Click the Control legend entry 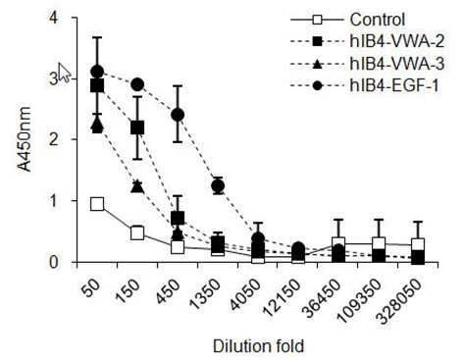pyautogui.click(x=378, y=20)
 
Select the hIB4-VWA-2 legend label pyautogui.click(x=397, y=41)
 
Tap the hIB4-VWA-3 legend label pyautogui.click(x=397, y=64)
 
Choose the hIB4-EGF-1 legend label pyautogui.click(x=394, y=86)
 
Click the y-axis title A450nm pyautogui.click(x=25, y=139)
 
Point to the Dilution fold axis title pyautogui.click(x=258, y=346)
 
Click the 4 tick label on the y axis pyautogui.click(x=53, y=18)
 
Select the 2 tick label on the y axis pyautogui.click(x=53, y=139)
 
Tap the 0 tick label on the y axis pyautogui.click(x=53, y=262)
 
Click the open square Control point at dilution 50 pyautogui.click(x=97, y=204)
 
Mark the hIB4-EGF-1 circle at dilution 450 pyautogui.click(x=178, y=115)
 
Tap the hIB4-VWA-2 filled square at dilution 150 pyautogui.click(x=137, y=128)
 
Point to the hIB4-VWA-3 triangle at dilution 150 pyautogui.click(x=137, y=186)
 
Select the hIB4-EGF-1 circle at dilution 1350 pyautogui.click(x=218, y=185)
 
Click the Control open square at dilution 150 pyautogui.click(x=137, y=233)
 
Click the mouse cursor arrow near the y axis pyautogui.click(x=64, y=73)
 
